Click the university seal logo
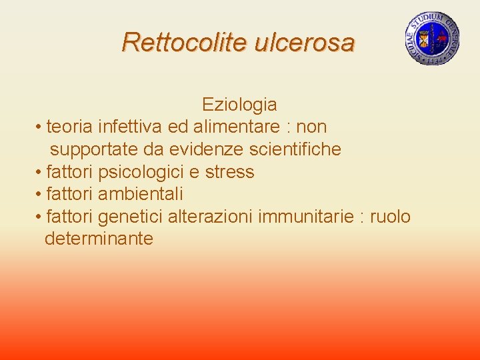tap(432, 39)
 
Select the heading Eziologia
tap(239, 105)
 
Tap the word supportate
tap(93, 149)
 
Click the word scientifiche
tap(299, 149)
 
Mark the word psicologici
tap(141, 172)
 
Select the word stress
tap(229, 172)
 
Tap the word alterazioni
tap(209, 217)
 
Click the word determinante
tap(99, 239)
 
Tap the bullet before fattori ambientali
tap(40, 195)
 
